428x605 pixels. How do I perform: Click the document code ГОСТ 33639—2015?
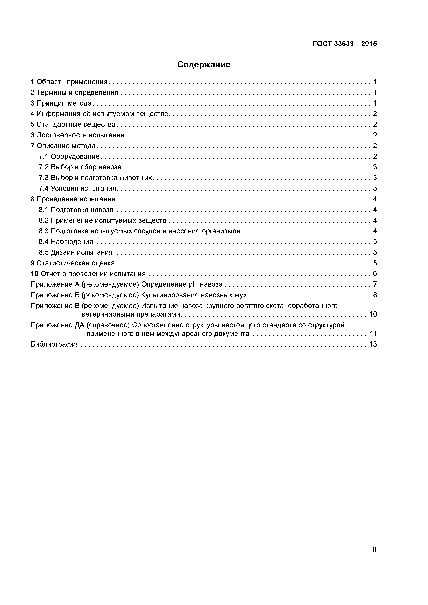pyautogui.click(x=345, y=44)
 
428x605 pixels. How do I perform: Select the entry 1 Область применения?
pyautogui.click(x=69, y=82)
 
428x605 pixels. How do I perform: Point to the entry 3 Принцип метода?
pyautogui.click(x=61, y=103)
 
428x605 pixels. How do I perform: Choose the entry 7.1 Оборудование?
pyautogui.click(x=69, y=157)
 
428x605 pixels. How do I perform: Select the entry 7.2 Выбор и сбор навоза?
pyautogui.click(x=80, y=167)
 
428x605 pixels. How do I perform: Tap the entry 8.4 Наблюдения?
pyautogui.click(x=66, y=242)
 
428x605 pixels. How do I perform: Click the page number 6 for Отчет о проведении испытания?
pyautogui.click(x=375, y=274)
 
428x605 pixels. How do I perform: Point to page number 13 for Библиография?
pyautogui.click(x=373, y=344)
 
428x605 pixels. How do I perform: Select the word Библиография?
pyautogui.click(x=55, y=344)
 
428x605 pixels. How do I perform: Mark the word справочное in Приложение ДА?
pyautogui.click(x=108, y=325)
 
